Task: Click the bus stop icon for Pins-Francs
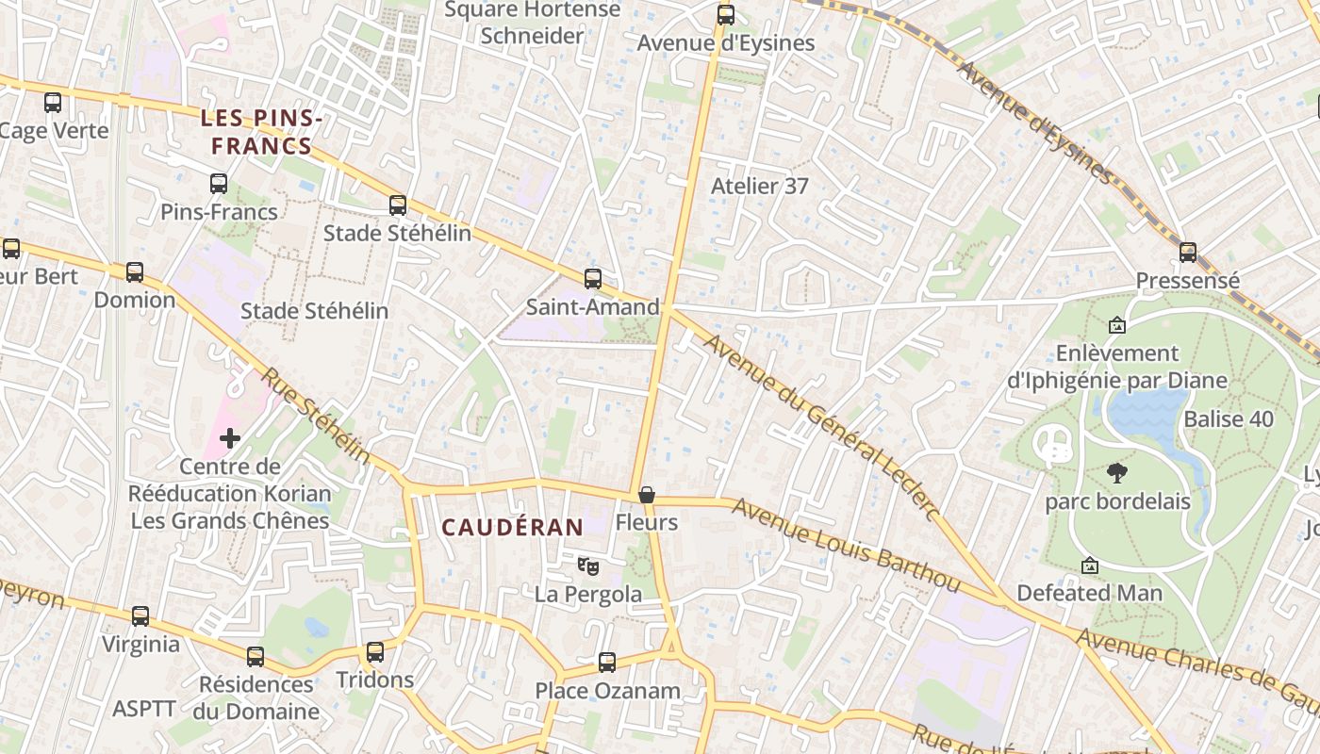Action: pos(219,184)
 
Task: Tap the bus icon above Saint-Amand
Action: pos(592,279)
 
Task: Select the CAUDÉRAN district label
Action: pos(513,527)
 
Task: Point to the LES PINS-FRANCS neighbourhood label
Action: pos(261,132)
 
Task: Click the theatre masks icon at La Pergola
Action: pos(588,565)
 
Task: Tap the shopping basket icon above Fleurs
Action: pos(647,495)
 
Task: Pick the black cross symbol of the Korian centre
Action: pos(230,438)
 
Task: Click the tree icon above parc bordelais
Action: pos(1117,472)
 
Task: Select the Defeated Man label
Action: pos(1089,594)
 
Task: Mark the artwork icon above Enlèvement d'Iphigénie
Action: pos(1117,325)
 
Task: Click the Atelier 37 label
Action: pos(759,186)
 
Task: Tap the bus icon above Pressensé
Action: pos(1188,253)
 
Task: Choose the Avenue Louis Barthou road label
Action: pos(847,547)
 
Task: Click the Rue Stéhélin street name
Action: pos(315,416)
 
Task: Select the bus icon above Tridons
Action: pos(375,652)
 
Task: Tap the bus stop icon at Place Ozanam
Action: pos(607,663)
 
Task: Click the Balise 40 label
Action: pos(1229,419)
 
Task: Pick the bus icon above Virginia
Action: pos(140,616)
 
